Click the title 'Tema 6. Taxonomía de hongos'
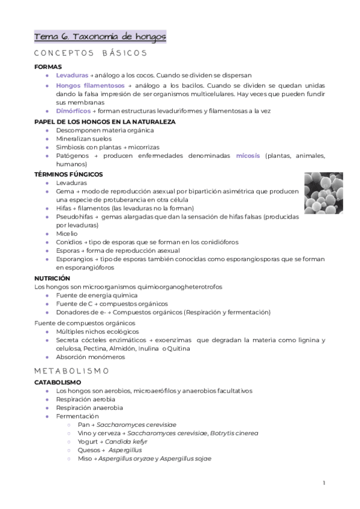(x=100, y=37)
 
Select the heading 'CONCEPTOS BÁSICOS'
(x=91, y=53)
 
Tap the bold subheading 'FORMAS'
(x=49, y=67)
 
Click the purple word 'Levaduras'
(x=71, y=76)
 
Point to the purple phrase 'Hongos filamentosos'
(x=90, y=86)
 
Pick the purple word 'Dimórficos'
(x=73, y=111)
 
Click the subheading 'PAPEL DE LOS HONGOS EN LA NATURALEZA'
(x=105, y=121)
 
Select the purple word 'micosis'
(x=248, y=155)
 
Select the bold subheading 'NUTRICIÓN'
(x=52, y=279)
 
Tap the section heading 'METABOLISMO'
(x=71, y=371)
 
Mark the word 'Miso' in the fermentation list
(x=83, y=458)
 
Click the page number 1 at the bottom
(x=323, y=483)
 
